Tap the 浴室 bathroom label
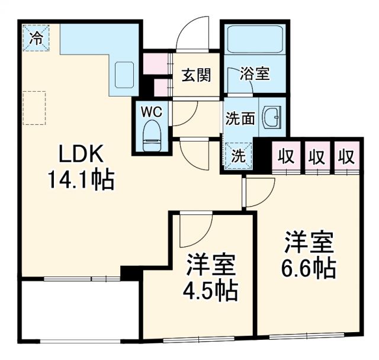[x=255, y=75]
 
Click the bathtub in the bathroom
[x=254, y=40]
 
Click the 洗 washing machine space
[x=238, y=156]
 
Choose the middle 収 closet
[x=317, y=157]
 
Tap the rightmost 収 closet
[x=347, y=157]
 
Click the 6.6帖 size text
[x=308, y=269]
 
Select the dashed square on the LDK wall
[x=34, y=107]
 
